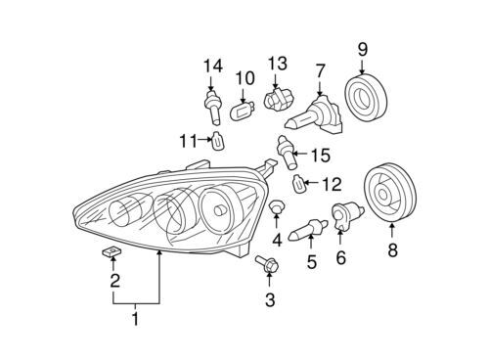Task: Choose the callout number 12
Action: (331, 183)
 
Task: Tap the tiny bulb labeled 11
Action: (218, 140)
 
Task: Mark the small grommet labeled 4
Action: (278, 209)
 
